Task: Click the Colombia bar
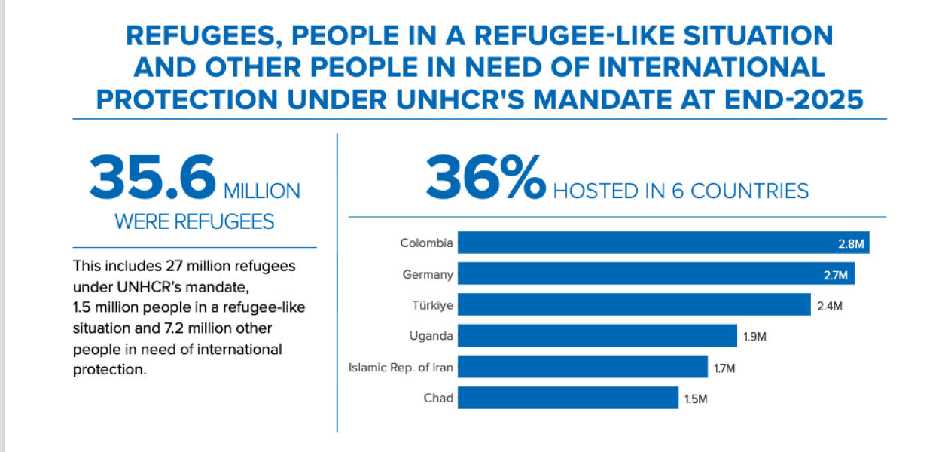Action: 663,243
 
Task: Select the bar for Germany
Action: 657,273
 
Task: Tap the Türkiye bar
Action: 634,304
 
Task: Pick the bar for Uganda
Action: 597,335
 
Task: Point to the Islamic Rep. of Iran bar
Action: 583,367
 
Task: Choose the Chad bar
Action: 568,398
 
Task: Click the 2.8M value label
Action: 851,244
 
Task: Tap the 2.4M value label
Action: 829,306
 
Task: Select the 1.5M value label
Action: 696,399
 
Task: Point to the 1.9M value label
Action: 754,337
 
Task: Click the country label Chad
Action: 438,398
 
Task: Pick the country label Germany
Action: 428,275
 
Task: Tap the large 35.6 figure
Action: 153,177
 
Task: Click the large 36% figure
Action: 486,177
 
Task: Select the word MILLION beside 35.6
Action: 262,191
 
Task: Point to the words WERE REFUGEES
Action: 194,221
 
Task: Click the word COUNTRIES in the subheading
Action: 750,191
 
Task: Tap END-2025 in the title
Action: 794,100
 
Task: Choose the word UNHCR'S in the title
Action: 460,100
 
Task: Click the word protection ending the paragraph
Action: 109,370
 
